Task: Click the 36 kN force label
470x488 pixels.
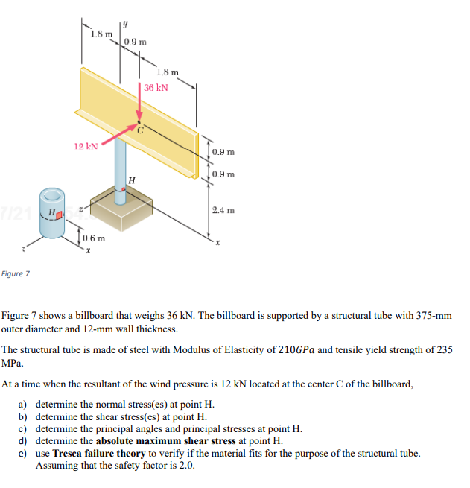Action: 156,88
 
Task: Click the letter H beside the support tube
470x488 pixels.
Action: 132,180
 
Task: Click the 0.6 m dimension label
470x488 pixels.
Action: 94,238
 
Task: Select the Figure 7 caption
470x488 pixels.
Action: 16,274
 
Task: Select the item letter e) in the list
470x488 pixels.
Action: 23,453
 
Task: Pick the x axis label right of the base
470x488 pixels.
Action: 217,244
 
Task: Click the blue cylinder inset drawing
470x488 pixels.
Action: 52,214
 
